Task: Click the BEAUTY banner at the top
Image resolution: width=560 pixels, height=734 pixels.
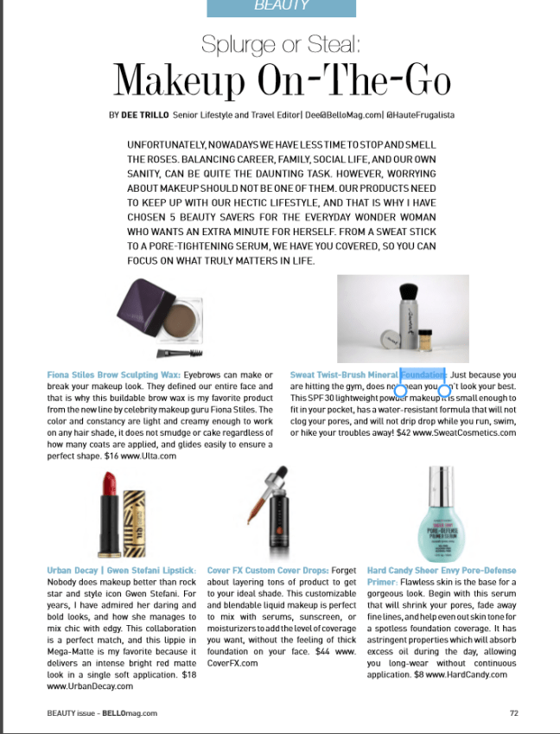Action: [282, 7]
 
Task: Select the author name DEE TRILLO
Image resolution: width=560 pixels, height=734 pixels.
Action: [146, 114]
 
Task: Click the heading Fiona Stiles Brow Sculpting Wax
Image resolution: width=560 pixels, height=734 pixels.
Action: [113, 375]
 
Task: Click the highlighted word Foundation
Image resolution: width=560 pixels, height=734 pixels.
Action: [423, 375]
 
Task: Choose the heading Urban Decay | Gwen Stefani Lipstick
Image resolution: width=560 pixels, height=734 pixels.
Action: [122, 571]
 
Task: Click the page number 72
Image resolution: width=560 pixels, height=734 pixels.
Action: [513, 713]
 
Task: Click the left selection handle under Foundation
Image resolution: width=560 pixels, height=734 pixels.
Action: [401, 391]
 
